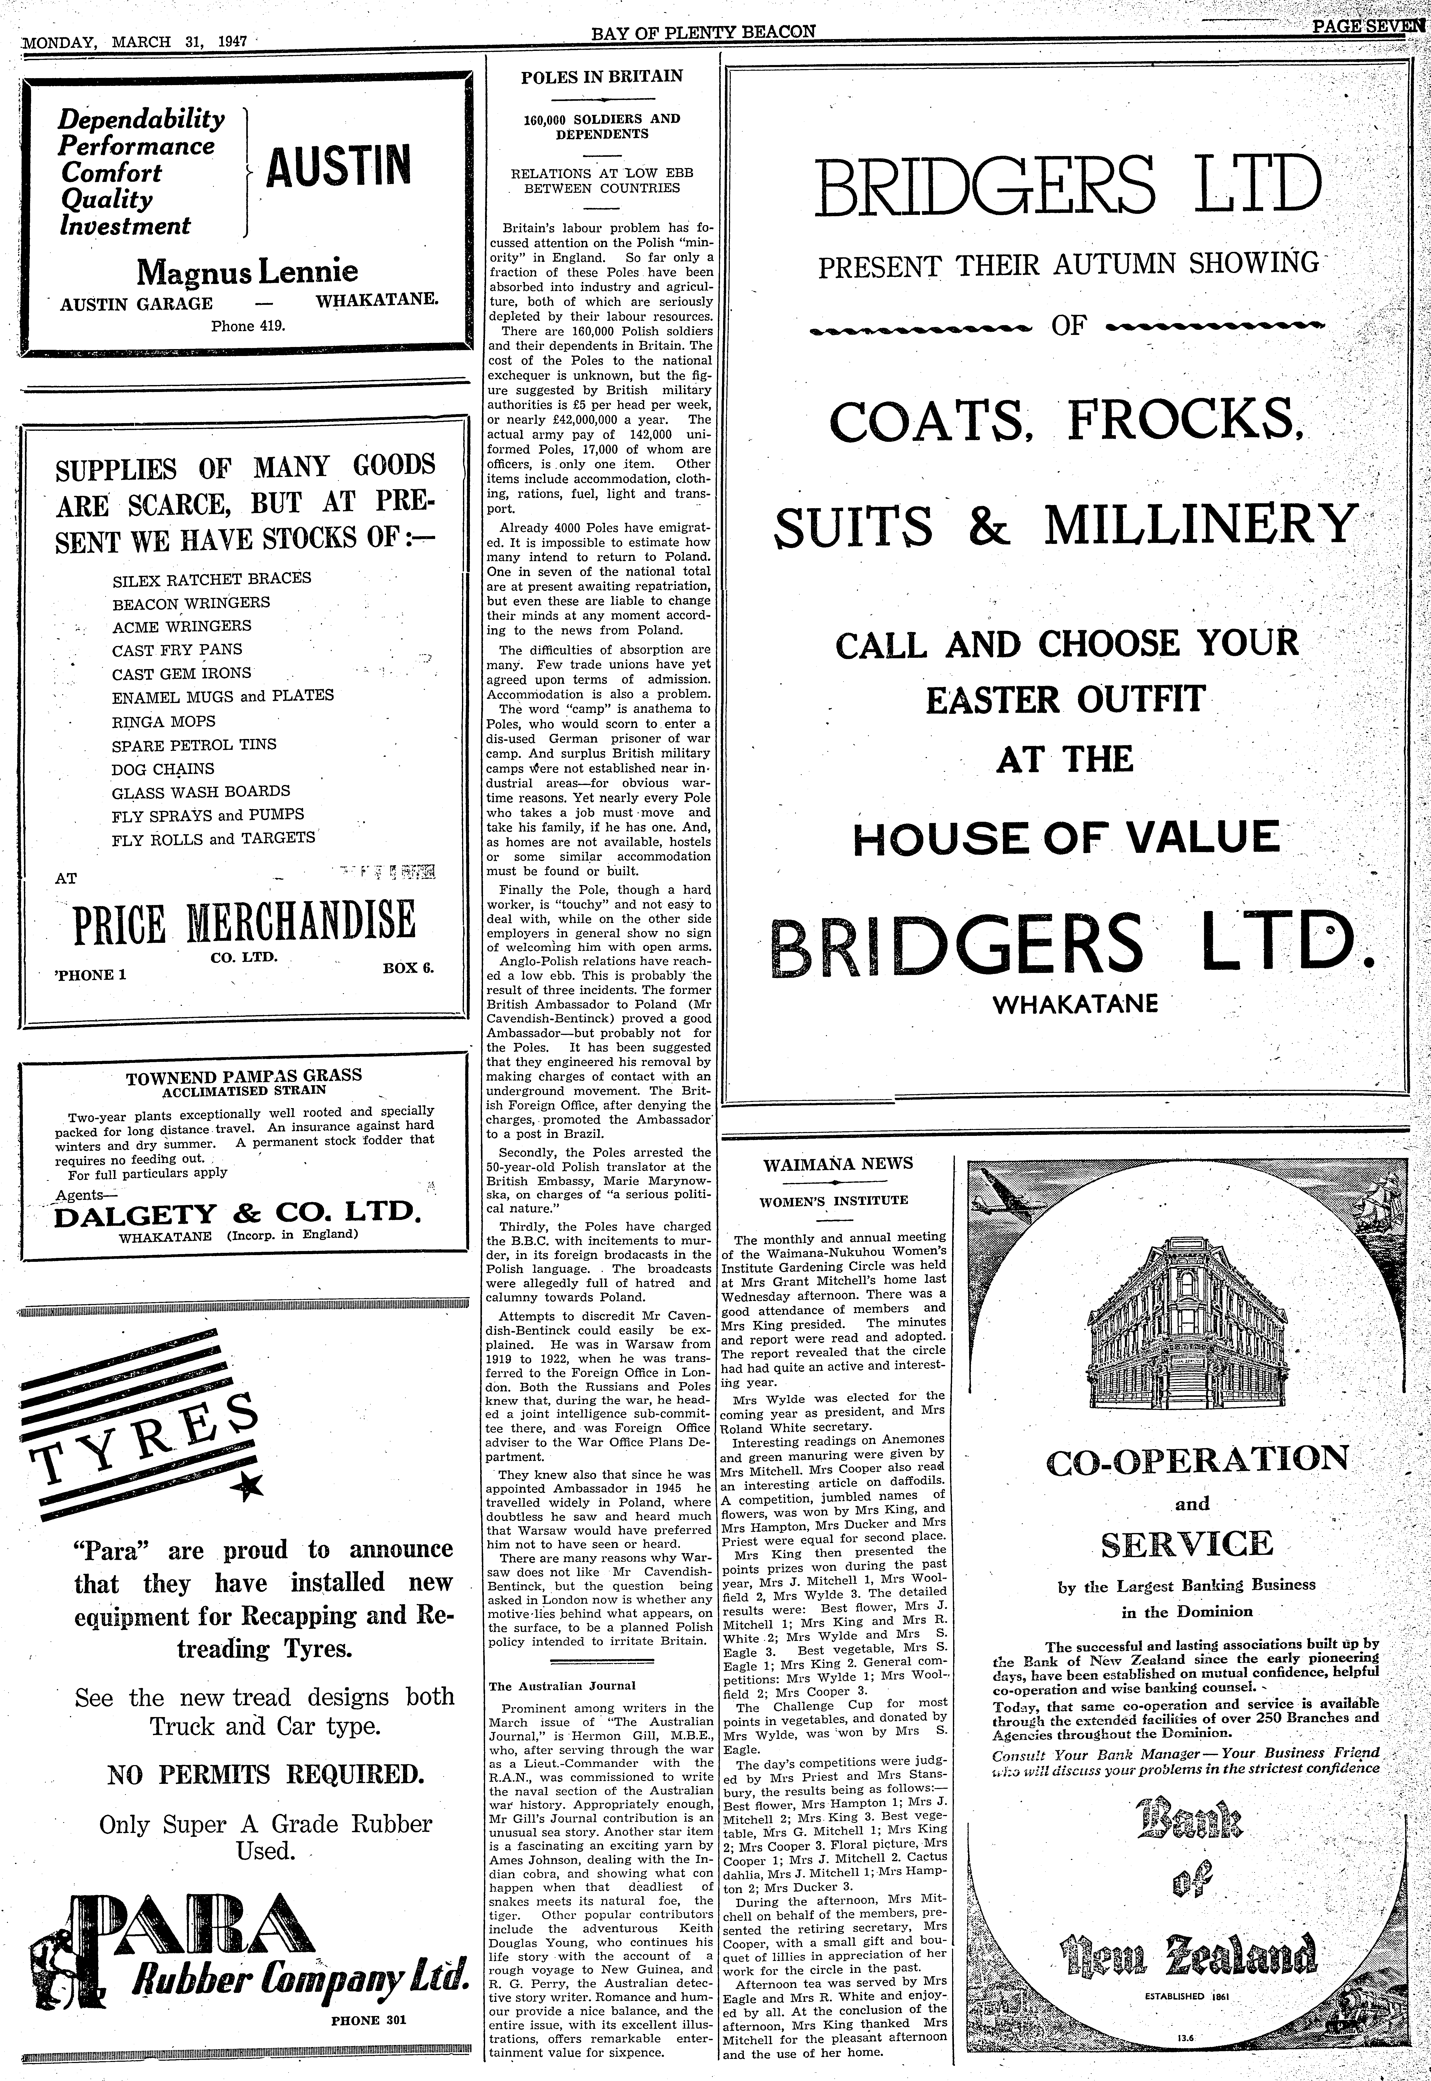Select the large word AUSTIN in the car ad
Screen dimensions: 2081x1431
point(339,167)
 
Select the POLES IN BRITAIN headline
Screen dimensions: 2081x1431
point(602,77)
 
